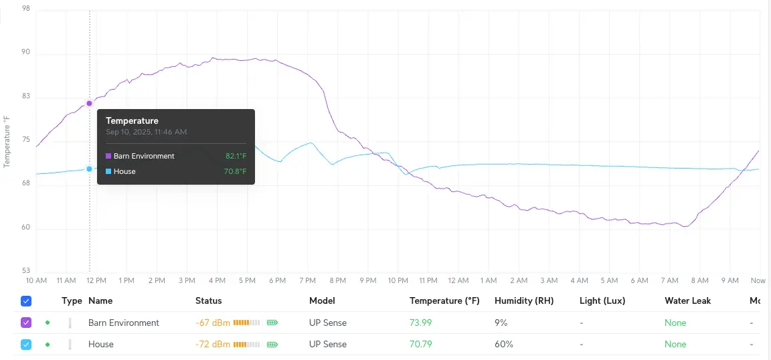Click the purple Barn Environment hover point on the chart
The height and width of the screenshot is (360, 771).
click(x=89, y=103)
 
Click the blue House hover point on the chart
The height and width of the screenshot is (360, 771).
click(x=89, y=169)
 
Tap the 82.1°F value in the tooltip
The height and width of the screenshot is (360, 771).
click(x=236, y=156)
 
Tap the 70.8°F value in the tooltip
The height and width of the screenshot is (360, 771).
click(x=235, y=171)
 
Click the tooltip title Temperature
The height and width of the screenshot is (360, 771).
click(x=132, y=121)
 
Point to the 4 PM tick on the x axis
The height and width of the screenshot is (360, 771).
click(x=216, y=280)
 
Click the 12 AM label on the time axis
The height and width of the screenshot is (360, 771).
click(x=458, y=280)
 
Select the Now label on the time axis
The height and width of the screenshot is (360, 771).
click(x=758, y=280)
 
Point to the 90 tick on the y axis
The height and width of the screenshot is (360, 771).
click(x=26, y=53)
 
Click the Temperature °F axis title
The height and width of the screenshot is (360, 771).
click(x=7, y=141)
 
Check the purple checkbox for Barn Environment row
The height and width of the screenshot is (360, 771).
click(x=26, y=323)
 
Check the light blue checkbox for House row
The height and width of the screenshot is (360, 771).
click(x=26, y=344)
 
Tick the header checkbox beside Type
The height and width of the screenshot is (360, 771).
click(x=26, y=301)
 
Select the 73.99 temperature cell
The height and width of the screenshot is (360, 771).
click(x=420, y=323)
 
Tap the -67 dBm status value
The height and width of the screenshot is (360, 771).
click(x=213, y=323)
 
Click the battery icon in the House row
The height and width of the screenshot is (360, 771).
click(x=272, y=345)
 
